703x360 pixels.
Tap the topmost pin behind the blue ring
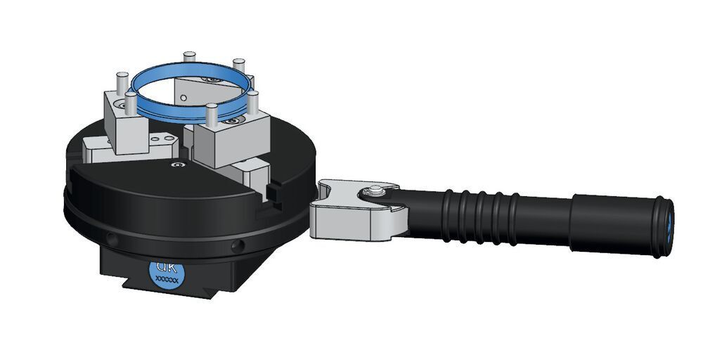[x=188, y=58]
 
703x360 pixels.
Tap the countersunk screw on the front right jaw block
[x=233, y=122]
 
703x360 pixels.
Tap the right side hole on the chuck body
[x=237, y=245]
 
